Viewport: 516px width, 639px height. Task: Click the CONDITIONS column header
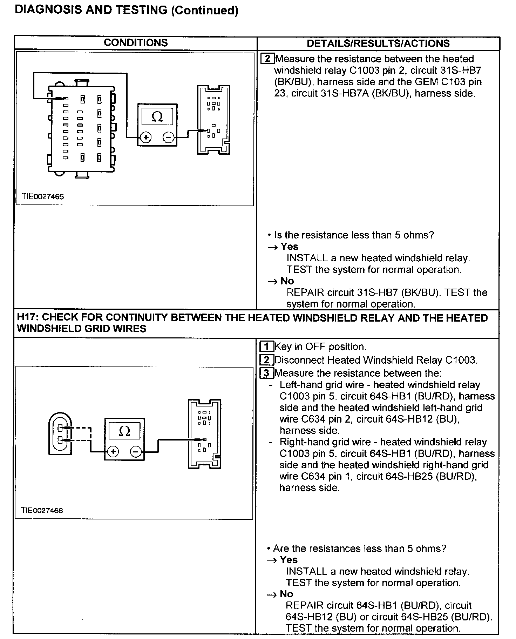(136, 43)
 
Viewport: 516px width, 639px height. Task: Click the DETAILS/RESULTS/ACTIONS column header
(378, 43)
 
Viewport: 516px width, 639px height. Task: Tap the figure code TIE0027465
(43, 196)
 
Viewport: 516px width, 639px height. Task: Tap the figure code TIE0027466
(42, 510)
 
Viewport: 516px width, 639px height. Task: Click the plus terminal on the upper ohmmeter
(146, 137)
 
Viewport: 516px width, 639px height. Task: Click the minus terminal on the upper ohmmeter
(169, 137)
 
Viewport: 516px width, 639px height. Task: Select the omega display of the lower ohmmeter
(124, 431)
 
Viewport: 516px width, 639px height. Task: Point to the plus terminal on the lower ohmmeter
(113, 452)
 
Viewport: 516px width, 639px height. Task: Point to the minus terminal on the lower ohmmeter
(136, 452)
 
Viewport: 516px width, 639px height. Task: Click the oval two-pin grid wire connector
(60, 433)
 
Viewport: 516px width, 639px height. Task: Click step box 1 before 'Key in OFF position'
(266, 347)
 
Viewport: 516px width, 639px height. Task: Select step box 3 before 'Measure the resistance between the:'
(266, 373)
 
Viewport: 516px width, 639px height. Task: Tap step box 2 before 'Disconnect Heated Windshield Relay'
(266, 360)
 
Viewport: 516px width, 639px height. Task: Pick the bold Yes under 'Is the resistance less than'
(289, 247)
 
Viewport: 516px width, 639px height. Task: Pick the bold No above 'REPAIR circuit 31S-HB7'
(287, 281)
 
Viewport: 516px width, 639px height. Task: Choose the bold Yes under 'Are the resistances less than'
(288, 560)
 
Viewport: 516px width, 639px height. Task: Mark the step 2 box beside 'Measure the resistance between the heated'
(267, 59)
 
